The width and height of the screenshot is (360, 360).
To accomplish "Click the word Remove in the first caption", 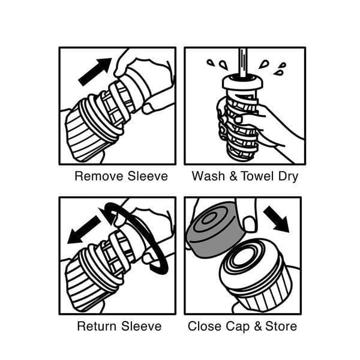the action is pyautogui.click(x=99, y=176).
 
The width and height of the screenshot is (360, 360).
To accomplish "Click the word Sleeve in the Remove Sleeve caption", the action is pyautogui.click(x=148, y=176).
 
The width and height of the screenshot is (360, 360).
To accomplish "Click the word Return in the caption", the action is pyautogui.click(x=97, y=326).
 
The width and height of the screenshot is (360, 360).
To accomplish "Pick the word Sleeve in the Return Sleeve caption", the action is pyautogui.click(x=141, y=326).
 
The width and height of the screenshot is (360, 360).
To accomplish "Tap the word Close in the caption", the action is pyautogui.click(x=205, y=326).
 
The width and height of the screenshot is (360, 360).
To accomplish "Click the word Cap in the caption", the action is pyautogui.click(x=238, y=327).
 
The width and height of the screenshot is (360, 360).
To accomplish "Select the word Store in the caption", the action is pyautogui.click(x=281, y=326).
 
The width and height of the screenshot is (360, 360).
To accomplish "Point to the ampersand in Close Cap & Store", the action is pyautogui.click(x=257, y=326).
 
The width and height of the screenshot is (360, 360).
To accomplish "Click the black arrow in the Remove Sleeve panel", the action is pyautogui.click(x=95, y=72).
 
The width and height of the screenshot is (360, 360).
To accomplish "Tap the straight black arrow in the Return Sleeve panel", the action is pyautogui.click(x=84, y=230).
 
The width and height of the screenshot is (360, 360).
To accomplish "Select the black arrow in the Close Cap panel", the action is pyautogui.click(x=277, y=219).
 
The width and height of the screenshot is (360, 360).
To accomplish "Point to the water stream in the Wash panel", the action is pyautogui.click(x=242, y=62).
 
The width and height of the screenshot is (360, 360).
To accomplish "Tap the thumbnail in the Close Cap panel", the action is pyautogui.click(x=249, y=224).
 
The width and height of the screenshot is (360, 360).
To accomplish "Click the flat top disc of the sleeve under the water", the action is pyautogui.click(x=242, y=82).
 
